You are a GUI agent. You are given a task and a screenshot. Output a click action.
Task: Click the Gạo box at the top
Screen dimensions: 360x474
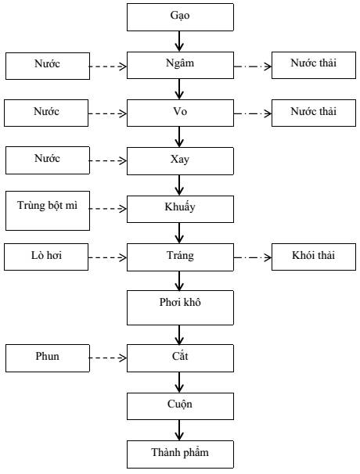click(x=180, y=17)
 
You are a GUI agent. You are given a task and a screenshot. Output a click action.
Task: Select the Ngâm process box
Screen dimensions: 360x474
click(x=180, y=65)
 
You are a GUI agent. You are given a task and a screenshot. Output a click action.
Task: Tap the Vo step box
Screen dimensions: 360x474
click(x=180, y=113)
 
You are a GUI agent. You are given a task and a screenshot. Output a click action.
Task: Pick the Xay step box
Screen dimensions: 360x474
click(x=180, y=161)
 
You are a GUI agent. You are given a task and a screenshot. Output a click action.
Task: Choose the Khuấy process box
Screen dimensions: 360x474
click(x=180, y=209)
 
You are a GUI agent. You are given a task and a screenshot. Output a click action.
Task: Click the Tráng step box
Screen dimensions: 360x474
click(x=180, y=257)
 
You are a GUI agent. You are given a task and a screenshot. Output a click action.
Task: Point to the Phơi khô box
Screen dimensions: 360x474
click(x=180, y=307)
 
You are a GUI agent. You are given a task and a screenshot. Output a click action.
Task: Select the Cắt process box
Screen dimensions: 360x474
click(x=180, y=358)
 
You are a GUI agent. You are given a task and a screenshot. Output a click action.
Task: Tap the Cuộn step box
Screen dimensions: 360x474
click(x=180, y=406)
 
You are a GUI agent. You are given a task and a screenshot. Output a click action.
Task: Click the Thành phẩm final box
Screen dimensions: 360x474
click(x=180, y=454)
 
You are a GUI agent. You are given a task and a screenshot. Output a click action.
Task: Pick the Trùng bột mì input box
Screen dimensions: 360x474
click(x=48, y=210)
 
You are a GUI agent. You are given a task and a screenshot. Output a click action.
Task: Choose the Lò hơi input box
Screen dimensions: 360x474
click(x=46, y=257)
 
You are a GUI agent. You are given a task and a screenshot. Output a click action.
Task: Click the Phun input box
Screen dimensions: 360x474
click(x=48, y=358)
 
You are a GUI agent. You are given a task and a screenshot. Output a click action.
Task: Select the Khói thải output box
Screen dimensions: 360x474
click(x=314, y=257)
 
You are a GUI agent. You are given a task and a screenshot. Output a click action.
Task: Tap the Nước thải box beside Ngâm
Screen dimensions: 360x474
click(x=314, y=65)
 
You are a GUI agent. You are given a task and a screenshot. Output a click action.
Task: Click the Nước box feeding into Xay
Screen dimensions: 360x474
click(x=48, y=160)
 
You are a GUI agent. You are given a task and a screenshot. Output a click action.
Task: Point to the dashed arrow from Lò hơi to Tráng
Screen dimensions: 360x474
click(x=107, y=257)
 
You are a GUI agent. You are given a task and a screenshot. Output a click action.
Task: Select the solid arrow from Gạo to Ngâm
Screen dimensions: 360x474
click(x=179, y=41)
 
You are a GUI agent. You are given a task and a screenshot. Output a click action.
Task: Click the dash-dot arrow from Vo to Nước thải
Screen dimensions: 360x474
click(x=253, y=113)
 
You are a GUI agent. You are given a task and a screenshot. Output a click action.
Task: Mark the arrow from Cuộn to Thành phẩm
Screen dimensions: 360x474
click(x=179, y=430)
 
